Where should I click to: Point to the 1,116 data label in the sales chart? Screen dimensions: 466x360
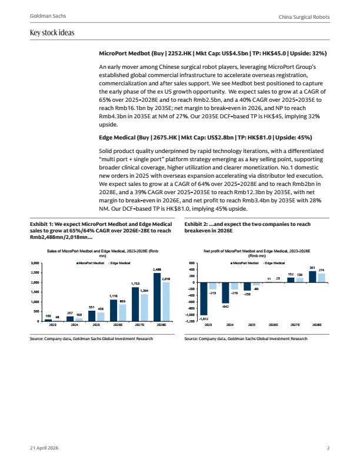[114, 297]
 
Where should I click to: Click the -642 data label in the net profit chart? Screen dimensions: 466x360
[225, 307]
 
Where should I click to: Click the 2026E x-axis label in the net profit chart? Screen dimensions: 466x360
[274, 324]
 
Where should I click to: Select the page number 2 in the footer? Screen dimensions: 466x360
[328, 448]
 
